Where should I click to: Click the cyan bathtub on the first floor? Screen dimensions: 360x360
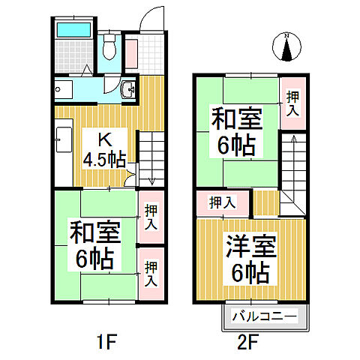point(73,31)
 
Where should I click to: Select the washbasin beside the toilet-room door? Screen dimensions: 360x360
point(129,90)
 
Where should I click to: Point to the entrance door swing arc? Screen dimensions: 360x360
point(151,16)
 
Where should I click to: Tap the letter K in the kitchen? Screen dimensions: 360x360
point(105,138)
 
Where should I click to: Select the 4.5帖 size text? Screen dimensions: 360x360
point(105,159)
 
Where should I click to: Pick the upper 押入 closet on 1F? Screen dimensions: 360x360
point(151,217)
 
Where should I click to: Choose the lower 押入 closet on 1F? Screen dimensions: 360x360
point(151,274)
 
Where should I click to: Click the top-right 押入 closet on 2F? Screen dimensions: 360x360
point(292,102)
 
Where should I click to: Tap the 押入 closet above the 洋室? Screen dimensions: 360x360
point(223,202)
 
